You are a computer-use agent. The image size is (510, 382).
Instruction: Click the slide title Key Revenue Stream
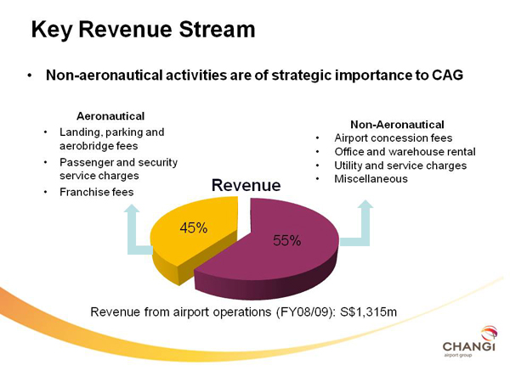(143, 30)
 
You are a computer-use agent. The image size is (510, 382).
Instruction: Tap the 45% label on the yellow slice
(194, 228)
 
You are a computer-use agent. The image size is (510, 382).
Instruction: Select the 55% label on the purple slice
(287, 241)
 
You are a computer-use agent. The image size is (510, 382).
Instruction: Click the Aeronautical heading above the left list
(110, 116)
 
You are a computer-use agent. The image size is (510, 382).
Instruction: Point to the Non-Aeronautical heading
(397, 125)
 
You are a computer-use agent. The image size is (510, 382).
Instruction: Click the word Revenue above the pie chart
(246, 185)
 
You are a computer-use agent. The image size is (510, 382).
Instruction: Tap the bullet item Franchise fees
(97, 192)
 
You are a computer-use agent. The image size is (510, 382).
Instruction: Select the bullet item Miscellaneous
(371, 178)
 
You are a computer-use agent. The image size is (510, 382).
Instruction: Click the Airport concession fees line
(394, 138)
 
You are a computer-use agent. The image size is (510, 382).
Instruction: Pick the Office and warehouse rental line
(405, 152)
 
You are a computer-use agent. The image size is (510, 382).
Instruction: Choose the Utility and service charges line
(400, 166)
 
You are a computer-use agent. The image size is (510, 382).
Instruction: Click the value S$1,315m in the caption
(369, 312)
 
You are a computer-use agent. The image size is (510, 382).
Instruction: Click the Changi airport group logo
(469, 342)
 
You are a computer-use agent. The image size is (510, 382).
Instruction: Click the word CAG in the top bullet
(448, 76)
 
